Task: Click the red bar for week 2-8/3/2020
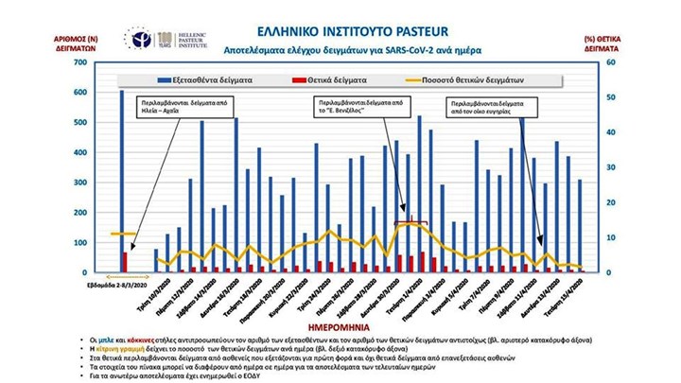tap(126, 262)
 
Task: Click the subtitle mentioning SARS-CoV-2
tap(347, 48)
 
